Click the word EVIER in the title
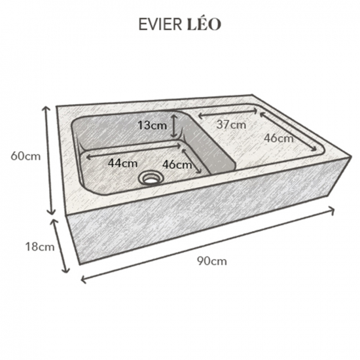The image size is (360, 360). pos(160,24)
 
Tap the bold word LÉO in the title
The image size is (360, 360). pos(204,24)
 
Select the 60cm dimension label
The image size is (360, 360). pos(26,156)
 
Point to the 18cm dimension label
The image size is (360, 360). pos(40,247)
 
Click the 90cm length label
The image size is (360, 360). pos(212,261)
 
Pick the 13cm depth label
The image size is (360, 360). pos(153,126)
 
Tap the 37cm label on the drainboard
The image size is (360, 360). pos(231,124)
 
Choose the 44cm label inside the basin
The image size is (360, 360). pos(123,163)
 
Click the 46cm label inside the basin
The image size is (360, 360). pos(177,164)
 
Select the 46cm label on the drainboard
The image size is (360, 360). pos(278,138)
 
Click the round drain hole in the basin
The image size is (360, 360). pos(151,178)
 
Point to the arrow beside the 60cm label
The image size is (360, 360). pos(50,160)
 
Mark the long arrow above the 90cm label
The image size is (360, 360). pos(207,245)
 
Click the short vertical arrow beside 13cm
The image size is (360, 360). pos(175,127)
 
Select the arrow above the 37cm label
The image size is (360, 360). pos(228,113)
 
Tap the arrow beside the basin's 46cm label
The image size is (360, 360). pos(191,161)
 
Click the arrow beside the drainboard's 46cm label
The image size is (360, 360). pos(288,131)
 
